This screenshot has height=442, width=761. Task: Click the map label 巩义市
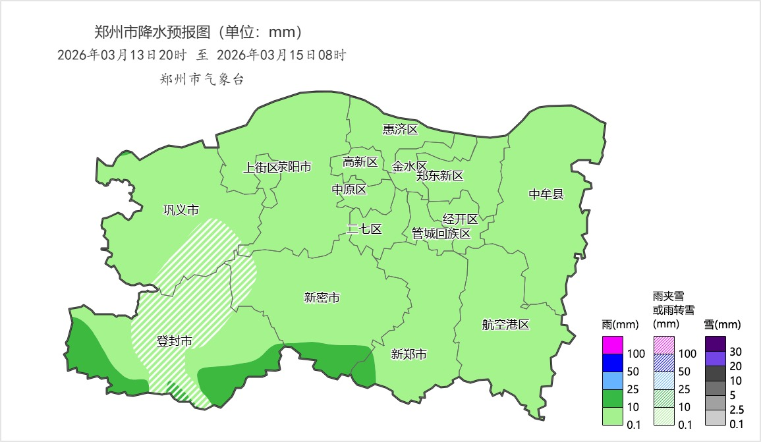point(181,210)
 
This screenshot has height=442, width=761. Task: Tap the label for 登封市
point(174,341)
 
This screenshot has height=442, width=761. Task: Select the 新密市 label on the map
point(322,298)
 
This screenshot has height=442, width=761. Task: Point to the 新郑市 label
point(409,354)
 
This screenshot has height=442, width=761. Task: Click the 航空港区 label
point(505,325)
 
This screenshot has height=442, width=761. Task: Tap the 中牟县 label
point(546,194)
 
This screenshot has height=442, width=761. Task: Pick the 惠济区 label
point(401,129)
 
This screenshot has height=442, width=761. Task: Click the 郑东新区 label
point(439,176)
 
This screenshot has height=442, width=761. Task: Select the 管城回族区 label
point(441,234)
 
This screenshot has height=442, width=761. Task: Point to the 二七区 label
point(364,229)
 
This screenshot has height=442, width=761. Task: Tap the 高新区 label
point(360,162)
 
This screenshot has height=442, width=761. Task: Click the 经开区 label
point(460,219)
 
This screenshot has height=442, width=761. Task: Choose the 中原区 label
point(349,190)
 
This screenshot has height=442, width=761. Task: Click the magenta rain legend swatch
point(613,345)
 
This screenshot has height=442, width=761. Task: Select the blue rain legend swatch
point(613,363)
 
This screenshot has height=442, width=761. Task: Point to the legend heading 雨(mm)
point(617,324)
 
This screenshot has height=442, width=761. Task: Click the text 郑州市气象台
point(202,80)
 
